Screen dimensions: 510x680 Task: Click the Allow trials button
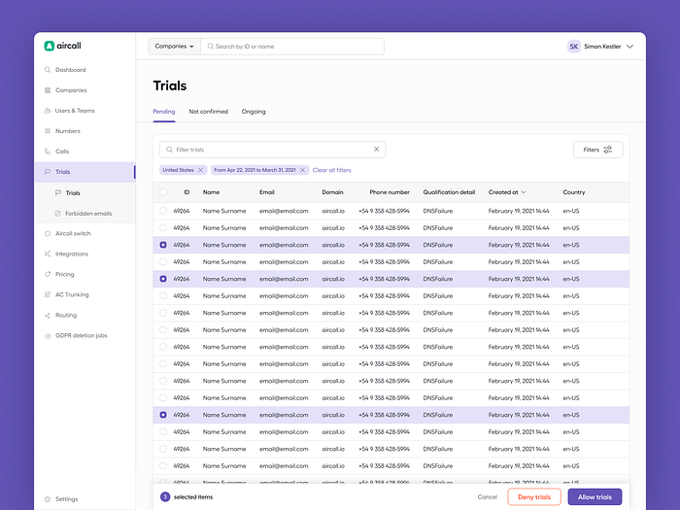point(595,496)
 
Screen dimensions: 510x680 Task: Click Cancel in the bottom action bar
point(488,496)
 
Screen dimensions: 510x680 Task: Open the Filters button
point(597,150)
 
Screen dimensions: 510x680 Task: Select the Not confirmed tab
point(208,112)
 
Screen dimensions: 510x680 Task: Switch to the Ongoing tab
point(254,112)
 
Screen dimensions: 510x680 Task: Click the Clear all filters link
point(332,170)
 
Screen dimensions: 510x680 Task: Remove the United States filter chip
point(201,170)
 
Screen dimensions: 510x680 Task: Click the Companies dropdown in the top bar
point(175,46)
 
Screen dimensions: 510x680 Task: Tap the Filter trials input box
point(272,150)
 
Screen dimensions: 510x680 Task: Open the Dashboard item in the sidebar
point(70,70)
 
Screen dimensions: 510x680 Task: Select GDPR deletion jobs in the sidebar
point(81,335)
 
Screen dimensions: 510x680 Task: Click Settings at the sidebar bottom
point(66,499)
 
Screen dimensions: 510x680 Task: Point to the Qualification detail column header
point(448,192)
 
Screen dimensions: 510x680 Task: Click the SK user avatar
point(574,46)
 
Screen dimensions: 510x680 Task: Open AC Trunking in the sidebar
point(72,294)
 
